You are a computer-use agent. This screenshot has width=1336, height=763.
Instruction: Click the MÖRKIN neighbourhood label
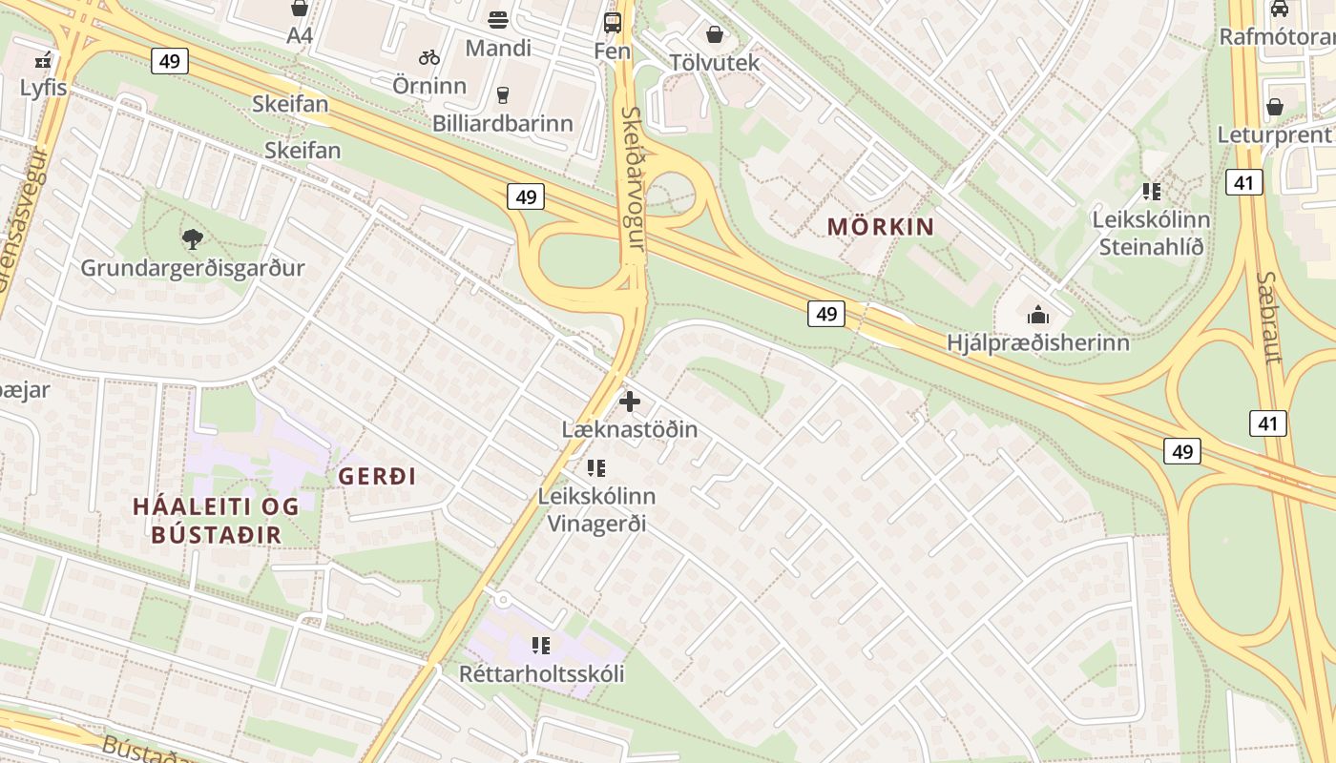pos(880,227)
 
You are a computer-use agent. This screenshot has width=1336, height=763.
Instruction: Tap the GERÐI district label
pos(378,476)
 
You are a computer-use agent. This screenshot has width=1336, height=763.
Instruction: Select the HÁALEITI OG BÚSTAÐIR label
pos(216,520)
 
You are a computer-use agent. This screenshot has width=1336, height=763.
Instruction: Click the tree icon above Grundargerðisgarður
pos(193,238)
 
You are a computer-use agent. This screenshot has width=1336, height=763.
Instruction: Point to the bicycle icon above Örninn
pos(429,57)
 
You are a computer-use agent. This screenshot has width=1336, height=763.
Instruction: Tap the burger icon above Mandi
pos(497,19)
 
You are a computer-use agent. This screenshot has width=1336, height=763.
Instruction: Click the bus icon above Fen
pos(613,23)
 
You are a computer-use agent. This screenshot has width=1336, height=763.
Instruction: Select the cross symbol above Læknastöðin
pos(630,402)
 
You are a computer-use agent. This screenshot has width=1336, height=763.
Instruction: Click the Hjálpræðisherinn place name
pos(1038,342)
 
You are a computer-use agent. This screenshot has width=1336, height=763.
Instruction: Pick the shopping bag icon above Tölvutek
pos(715,35)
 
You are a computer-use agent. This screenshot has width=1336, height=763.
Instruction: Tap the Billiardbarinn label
pos(503,123)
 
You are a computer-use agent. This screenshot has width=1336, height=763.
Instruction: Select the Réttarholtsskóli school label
pos(542,673)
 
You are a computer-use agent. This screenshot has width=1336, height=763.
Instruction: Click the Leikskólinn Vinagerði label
pos(596,509)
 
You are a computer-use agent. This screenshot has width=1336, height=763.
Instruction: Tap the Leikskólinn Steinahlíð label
pos(1151,233)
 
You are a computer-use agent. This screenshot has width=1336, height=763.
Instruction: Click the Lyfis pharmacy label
pos(44,88)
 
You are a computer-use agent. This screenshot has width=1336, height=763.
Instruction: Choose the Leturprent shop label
pos(1273,134)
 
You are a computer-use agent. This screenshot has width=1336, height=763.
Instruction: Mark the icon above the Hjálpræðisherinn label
pos(1037,314)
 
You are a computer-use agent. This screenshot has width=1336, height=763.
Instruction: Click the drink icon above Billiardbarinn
pos(503,94)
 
